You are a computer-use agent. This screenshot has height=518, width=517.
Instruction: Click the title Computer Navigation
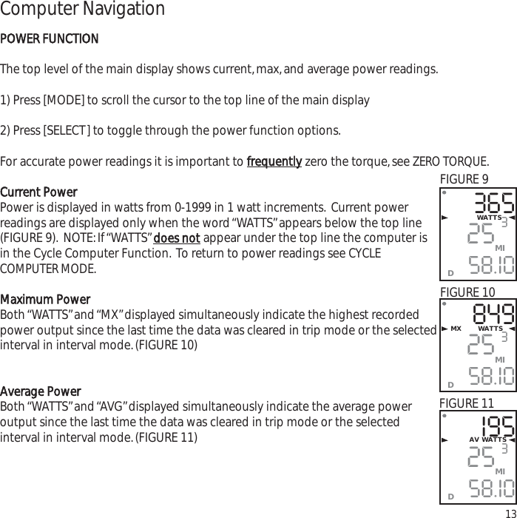pyautogui.click(x=82, y=10)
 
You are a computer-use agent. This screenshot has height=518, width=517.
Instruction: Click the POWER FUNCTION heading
pyautogui.click(x=50, y=38)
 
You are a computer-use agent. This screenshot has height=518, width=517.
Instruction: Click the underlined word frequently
pyautogui.click(x=273, y=162)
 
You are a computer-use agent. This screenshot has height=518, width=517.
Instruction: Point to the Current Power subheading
pyautogui.click(x=38, y=192)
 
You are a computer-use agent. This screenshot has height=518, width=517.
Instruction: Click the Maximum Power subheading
pyautogui.click(x=45, y=300)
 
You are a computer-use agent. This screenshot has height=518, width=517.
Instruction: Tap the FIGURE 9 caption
pyautogui.click(x=464, y=179)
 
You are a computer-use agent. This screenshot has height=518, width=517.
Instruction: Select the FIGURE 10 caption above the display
pyautogui.click(x=467, y=293)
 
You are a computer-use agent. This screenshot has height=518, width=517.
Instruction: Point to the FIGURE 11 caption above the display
pyautogui.click(x=467, y=403)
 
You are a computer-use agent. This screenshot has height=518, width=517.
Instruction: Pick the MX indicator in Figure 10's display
pyautogui.click(x=456, y=329)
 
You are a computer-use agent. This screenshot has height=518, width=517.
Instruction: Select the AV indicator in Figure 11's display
pyautogui.click(x=473, y=440)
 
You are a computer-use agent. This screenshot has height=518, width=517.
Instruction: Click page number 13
pyautogui.click(x=510, y=513)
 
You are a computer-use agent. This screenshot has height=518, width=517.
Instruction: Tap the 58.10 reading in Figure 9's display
pyautogui.click(x=492, y=264)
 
